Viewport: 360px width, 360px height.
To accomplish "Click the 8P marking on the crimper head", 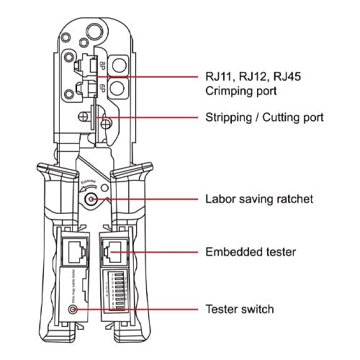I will [103, 66].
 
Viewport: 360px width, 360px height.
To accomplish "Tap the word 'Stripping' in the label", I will [228, 117].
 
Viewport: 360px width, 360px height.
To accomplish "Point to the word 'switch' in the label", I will [258, 310].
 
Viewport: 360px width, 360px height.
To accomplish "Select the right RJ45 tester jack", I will [114, 252].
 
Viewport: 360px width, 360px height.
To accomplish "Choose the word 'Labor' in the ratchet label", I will [221, 199].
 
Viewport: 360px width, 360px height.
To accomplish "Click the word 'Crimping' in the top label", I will [230, 91].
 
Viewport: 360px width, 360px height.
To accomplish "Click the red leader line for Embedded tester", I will [158, 252].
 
